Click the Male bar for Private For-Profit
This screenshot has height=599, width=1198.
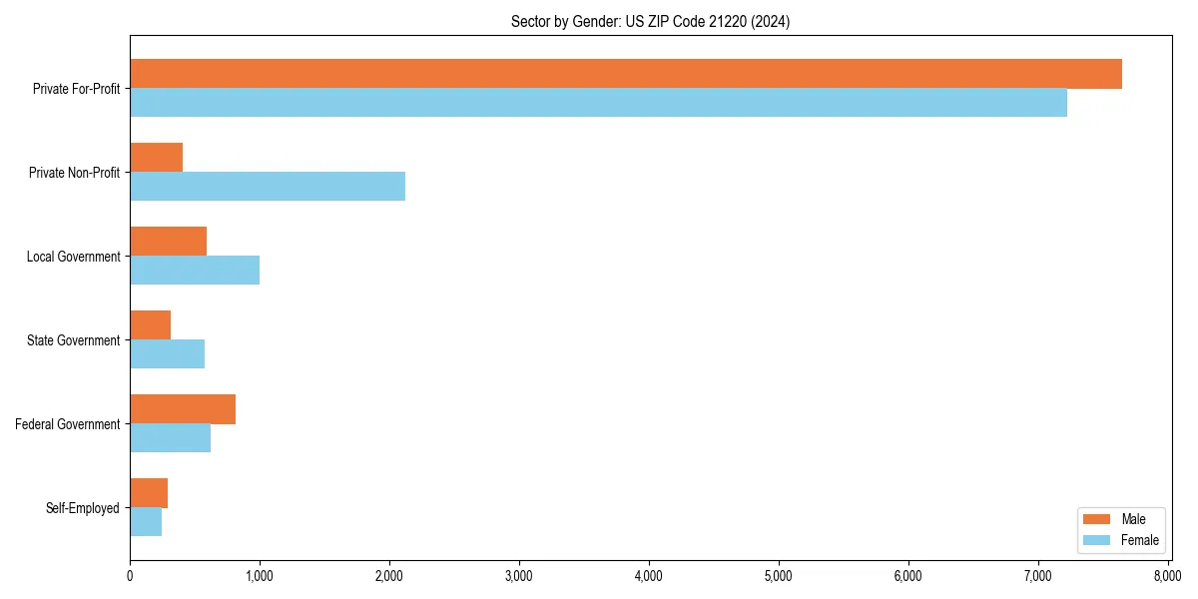tap(626, 74)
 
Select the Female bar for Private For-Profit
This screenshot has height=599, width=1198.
tap(598, 103)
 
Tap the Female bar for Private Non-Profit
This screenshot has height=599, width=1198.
tap(268, 187)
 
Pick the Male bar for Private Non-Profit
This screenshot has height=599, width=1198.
tap(156, 158)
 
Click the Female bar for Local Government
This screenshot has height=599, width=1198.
tap(195, 271)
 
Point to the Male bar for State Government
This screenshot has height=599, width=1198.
tap(150, 325)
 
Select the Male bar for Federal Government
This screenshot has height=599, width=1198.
tap(183, 409)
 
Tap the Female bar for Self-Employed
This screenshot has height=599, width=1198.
tap(146, 522)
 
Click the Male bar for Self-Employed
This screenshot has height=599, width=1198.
tap(149, 493)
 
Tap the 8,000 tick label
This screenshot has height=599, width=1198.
tap(1167, 576)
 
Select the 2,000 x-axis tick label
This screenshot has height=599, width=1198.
tap(389, 576)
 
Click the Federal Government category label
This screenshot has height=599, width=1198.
tap(68, 424)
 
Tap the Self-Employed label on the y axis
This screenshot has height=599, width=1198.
tap(83, 508)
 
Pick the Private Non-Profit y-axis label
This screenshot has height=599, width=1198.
tap(75, 173)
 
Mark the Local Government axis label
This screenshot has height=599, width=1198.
tap(74, 257)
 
